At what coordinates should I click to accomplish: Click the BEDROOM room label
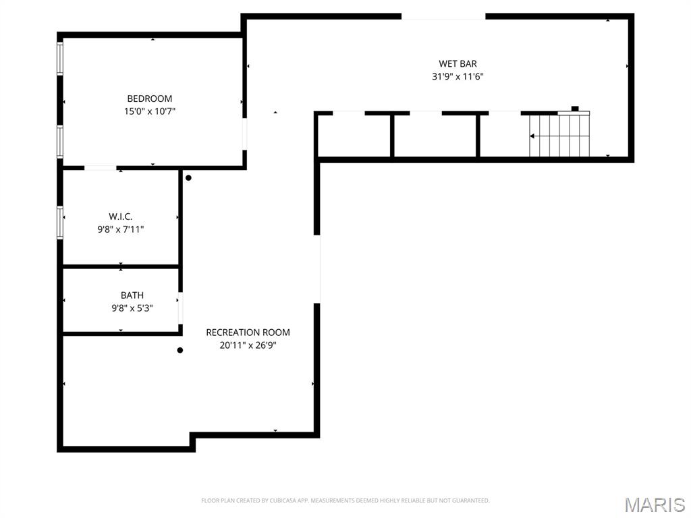pyautogui.click(x=150, y=98)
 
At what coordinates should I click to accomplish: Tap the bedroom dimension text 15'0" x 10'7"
pyautogui.click(x=150, y=111)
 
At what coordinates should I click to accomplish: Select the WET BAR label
pyautogui.click(x=458, y=64)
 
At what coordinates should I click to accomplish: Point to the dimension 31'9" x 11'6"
pyautogui.click(x=458, y=77)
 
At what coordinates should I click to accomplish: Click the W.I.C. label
pyautogui.click(x=121, y=217)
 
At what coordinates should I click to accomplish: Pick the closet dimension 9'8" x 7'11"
pyautogui.click(x=121, y=229)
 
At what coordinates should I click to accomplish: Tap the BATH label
pyautogui.click(x=132, y=295)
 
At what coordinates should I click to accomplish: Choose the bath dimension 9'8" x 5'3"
pyautogui.click(x=132, y=308)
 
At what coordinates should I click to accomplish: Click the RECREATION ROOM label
pyautogui.click(x=248, y=333)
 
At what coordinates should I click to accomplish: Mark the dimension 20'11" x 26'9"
pyautogui.click(x=248, y=345)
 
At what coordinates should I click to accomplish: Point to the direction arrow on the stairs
pyautogui.click(x=533, y=136)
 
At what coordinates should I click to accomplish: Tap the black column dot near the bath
pyautogui.click(x=180, y=350)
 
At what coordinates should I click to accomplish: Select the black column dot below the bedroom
pyautogui.click(x=188, y=178)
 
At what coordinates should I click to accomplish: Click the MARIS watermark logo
pyautogui.click(x=654, y=505)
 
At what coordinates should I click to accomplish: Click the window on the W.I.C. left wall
pyautogui.click(x=60, y=223)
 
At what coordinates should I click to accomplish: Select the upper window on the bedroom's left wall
pyautogui.click(x=60, y=59)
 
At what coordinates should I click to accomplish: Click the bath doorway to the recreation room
pyautogui.click(x=180, y=308)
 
